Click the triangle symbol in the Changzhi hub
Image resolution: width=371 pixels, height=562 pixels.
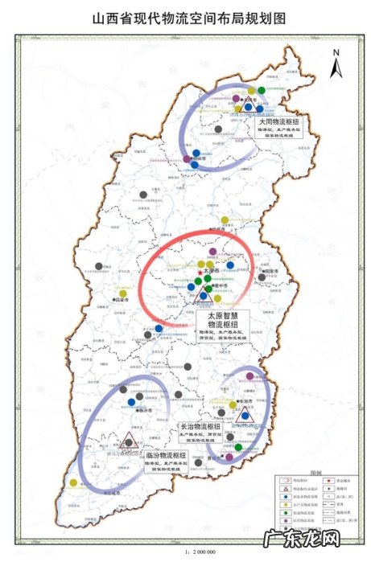coord(245,412)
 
